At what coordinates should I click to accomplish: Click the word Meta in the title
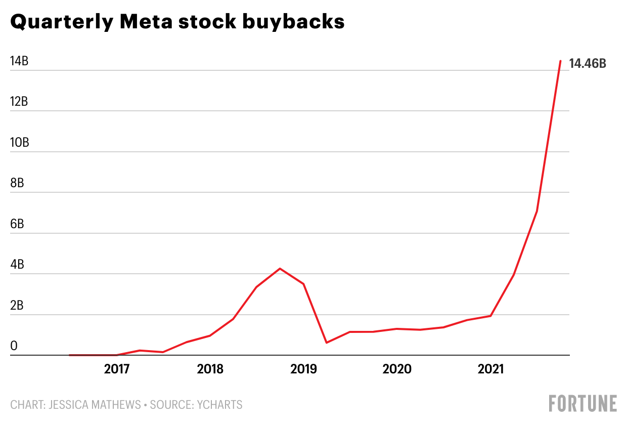(166, 22)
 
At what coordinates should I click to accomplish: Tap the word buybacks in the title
(303, 22)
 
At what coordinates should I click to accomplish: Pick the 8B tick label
(17, 183)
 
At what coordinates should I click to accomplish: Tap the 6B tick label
(17, 224)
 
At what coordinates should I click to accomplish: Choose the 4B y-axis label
(17, 265)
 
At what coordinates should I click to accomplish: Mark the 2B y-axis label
(17, 306)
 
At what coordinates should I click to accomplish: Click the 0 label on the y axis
(14, 346)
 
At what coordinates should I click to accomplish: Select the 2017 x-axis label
(117, 369)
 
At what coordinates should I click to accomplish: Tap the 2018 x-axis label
(210, 369)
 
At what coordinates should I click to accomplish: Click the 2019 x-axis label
(304, 369)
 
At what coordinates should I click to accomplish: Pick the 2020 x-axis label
(397, 369)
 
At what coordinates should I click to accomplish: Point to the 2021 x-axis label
(490, 369)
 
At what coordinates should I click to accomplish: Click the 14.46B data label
(588, 64)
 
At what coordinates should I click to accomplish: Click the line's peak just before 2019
(280, 269)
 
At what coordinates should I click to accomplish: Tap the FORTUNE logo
(583, 404)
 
